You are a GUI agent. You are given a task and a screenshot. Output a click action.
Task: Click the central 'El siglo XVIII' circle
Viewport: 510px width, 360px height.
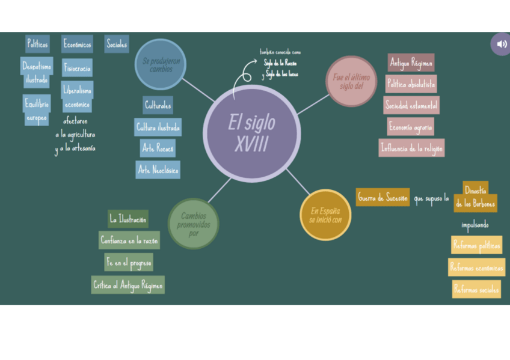(x=251, y=133)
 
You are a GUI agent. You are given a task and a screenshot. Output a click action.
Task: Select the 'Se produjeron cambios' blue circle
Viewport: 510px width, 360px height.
(x=161, y=64)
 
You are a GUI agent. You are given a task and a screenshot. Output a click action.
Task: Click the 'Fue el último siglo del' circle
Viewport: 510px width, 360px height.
(x=351, y=81)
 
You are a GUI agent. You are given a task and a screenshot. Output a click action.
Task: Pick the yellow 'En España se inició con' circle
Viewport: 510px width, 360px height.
(x=325, y=215)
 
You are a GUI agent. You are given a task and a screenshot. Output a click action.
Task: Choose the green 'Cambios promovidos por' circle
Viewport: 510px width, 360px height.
(x=193, y=224)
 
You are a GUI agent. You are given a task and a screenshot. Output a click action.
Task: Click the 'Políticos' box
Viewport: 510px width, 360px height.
(x=37, y=44)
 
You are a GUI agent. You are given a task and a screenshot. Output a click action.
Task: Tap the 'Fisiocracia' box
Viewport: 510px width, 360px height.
(x=77, y=68)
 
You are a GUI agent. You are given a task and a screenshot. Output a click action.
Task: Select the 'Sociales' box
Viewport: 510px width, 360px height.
(x=117, y=44)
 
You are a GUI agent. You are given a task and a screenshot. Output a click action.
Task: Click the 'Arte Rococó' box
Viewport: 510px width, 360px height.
(x=158, y=148)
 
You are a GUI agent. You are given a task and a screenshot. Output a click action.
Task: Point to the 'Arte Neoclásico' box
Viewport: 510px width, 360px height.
(x=158, y=170)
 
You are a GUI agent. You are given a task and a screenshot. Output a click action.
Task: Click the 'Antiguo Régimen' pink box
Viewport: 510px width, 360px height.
(x=411, y=63)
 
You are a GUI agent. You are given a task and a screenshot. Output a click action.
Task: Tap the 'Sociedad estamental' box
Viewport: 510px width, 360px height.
(x=411, y=105)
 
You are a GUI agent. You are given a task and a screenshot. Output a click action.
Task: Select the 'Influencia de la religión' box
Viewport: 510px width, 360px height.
(x=411, y=148)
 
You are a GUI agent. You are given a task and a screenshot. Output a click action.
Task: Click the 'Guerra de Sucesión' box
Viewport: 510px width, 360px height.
(x=382, y=197)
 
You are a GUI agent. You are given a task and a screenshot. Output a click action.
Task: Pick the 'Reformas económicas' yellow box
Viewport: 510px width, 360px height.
(x=476, y=267)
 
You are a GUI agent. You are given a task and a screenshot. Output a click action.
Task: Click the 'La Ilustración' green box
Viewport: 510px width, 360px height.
(x=127, y=219)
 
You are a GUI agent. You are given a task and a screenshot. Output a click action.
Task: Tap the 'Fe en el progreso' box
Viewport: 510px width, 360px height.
(x=129, y=263)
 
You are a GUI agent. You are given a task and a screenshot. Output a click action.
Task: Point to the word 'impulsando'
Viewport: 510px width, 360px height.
(x=475, y=225)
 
